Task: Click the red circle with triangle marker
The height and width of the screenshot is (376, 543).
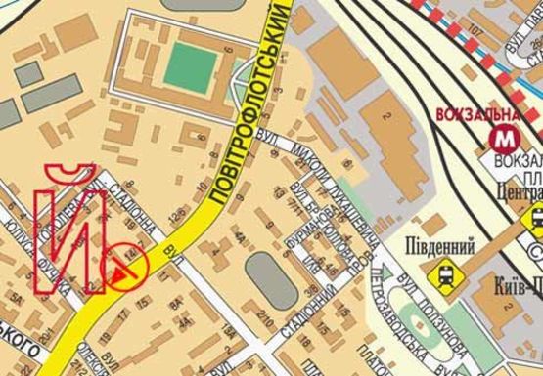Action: (126, 266)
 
